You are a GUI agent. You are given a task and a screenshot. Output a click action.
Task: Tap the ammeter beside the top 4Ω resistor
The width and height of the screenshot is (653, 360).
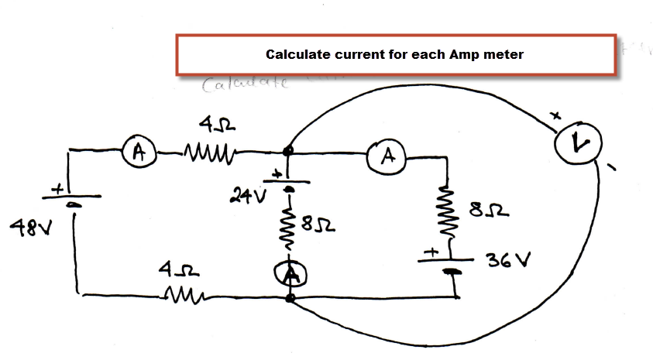pyautogui.click(x=139, y=152)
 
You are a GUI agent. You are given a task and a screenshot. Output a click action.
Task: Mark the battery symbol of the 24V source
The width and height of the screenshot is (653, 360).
pyautogui.click(x=289, y=184)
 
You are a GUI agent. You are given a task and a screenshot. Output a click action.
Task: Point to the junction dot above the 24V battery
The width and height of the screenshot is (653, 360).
pyautogui.click(x=288, y=151)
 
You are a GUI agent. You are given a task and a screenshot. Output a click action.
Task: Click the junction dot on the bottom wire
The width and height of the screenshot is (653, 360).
pyautogui.click(x=290, y=297)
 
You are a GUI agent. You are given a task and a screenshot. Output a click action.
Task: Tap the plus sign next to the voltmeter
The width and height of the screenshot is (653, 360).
pyautogui.click(x=555, y=117)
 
